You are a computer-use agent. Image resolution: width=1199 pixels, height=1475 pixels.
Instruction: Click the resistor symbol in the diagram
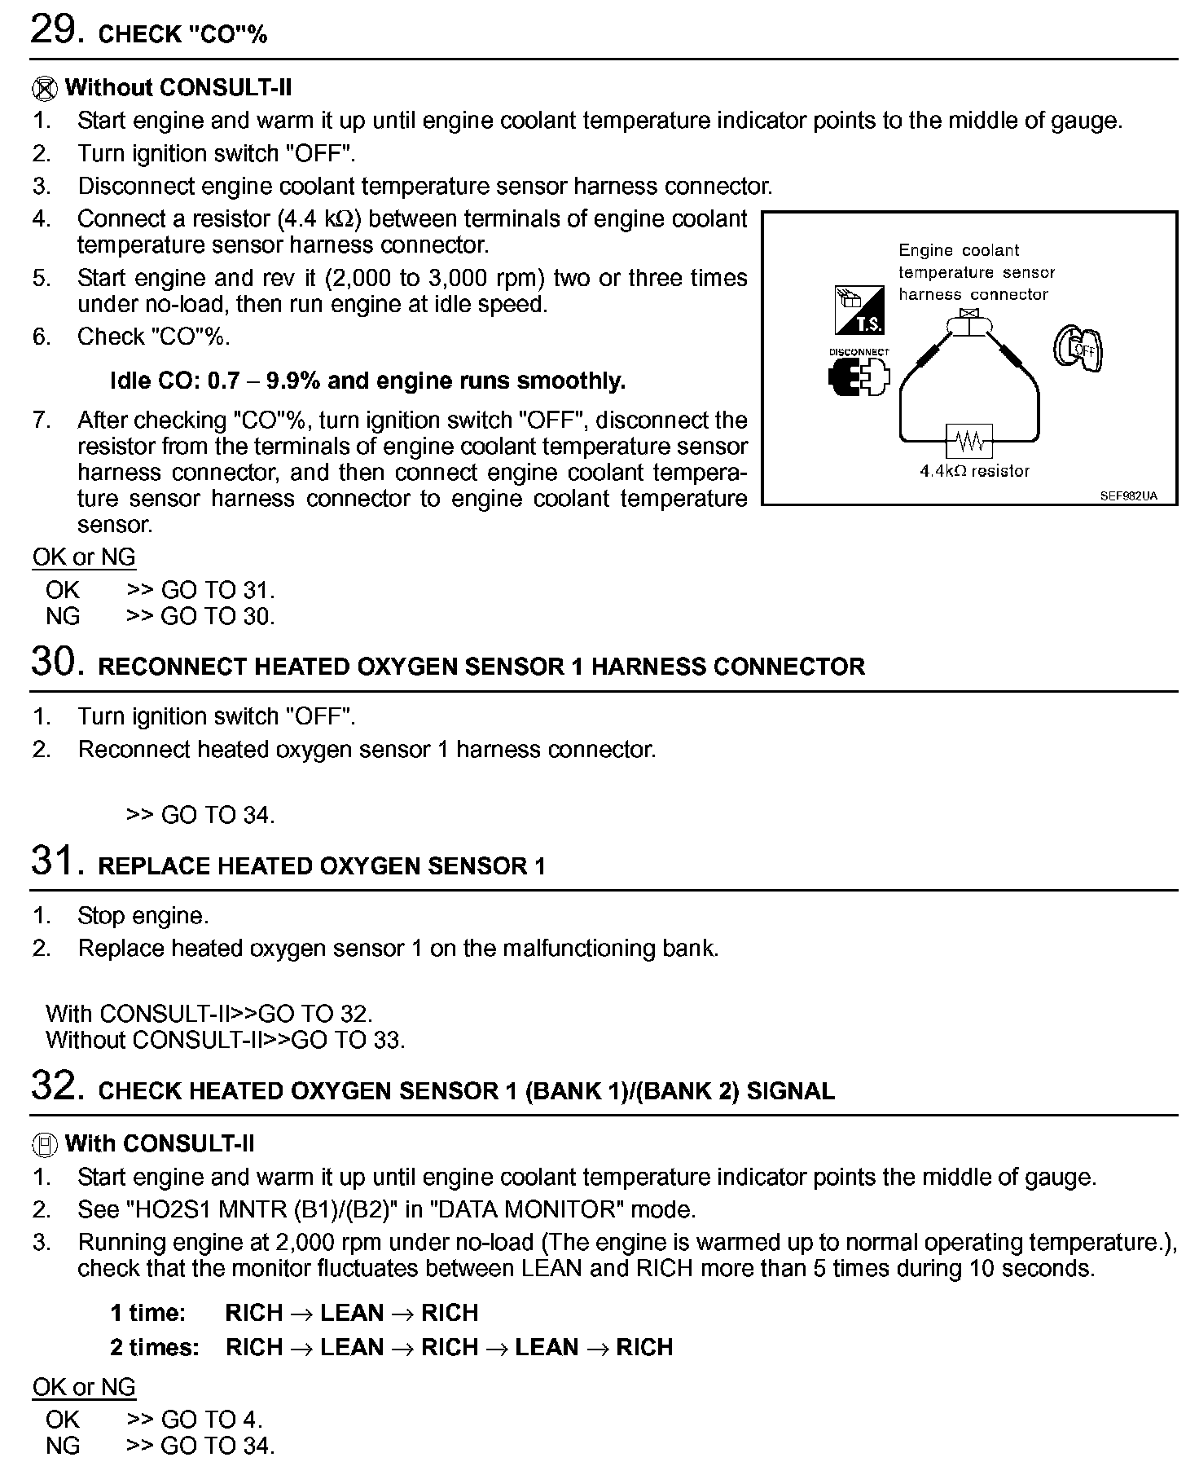[x=969, y=442]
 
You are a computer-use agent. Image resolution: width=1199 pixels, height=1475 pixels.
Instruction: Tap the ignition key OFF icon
[x=1078, y=348]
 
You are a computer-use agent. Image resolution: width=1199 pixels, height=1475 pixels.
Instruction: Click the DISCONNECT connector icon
[x=859, y=376]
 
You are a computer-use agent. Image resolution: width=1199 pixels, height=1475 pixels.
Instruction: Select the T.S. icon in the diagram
[x=859, y=310]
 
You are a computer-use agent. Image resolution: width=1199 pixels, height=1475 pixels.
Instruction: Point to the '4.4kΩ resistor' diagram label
[x=974, y=471]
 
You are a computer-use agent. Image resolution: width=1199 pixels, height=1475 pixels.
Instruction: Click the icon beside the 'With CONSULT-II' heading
[x=45, y=1144]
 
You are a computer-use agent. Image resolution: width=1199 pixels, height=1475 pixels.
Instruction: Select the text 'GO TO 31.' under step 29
[x=218, y=590]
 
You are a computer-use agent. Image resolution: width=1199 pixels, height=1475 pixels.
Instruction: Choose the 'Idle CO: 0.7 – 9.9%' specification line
[x=367, y=381]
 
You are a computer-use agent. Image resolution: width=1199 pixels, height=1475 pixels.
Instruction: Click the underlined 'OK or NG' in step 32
[x=84, y=1387]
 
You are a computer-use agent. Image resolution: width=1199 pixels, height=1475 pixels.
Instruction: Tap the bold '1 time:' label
[x=148, y=1313]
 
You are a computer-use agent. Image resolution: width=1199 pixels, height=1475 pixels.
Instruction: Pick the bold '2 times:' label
[x=155, y=1347]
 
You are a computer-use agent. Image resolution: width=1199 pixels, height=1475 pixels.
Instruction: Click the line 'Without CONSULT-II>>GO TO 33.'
[x=225, y=1040]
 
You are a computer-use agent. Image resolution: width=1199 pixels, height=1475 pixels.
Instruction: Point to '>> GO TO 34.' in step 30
[x=200, y=815]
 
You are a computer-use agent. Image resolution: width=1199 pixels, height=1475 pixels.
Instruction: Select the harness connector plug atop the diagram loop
[x=968, y=324]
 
